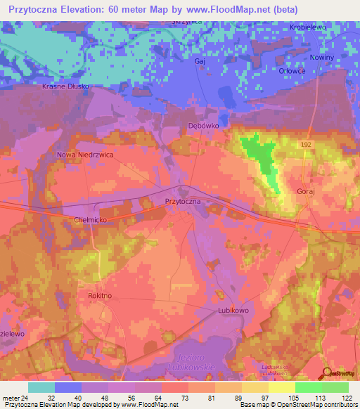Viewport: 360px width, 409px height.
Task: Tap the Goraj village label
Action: (x=308, y=190)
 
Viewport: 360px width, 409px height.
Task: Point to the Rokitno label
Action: (x=99, y=297)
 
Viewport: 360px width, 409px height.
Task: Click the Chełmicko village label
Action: (x=90, y=220)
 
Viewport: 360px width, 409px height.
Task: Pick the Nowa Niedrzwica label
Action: (x=85, y=155)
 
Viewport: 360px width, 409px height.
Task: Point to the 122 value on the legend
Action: (x=347, y=397)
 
